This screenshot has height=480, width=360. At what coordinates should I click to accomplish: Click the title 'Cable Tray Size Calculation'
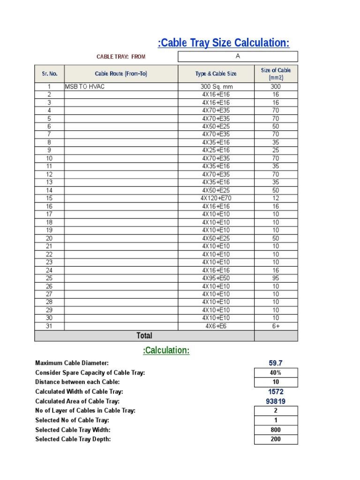pos(224,43)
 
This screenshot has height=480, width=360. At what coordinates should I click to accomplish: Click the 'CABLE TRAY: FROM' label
pos(121,57)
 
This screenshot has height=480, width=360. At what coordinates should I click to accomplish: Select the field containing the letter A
pos(238,56)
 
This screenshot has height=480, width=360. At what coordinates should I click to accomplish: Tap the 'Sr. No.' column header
pos(49,74)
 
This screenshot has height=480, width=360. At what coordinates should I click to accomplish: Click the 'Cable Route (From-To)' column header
pos(121,74)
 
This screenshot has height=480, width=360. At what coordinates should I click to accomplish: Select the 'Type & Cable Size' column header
pos(216,74)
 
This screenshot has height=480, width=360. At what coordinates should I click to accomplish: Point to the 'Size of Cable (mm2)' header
pos(276,74)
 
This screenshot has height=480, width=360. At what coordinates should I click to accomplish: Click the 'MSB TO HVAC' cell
pos(85,87)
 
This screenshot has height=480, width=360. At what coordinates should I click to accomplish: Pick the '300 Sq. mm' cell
pos(216,87)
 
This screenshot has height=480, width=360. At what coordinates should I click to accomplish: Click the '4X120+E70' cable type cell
pos(216,198)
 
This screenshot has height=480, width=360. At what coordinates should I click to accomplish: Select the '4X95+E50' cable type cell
pos(216,278)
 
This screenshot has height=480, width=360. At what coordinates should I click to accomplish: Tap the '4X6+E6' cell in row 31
pos(216,326)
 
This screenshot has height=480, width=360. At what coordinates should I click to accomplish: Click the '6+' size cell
pos(276,326)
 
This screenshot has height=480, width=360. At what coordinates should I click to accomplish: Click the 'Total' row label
pos(144,336)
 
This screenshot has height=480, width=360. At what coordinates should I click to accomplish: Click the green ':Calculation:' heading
pos(166,351)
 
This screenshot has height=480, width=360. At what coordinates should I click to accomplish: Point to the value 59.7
pos(276,363)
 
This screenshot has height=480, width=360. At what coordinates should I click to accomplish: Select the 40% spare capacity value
pos(276,373)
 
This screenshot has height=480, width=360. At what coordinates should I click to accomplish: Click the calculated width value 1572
pos(276,391)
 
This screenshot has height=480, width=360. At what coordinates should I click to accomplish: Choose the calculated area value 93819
pos(276,401)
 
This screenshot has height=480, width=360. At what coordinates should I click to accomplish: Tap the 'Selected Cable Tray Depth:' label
pos(73,439)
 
